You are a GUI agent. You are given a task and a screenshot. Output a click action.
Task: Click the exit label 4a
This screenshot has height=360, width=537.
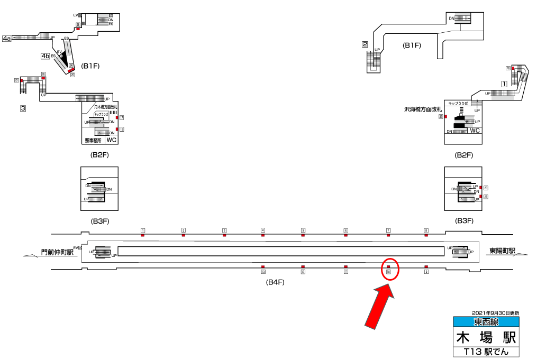click(7, 38)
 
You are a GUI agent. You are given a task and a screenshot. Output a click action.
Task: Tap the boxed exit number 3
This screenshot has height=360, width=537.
click(23, 108)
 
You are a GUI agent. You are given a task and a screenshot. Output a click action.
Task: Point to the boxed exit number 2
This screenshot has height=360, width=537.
click(365, 44)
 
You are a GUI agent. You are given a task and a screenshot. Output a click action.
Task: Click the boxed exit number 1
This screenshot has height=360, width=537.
click(504, 84)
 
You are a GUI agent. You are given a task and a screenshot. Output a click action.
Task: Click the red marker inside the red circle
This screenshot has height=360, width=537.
click(388, 267)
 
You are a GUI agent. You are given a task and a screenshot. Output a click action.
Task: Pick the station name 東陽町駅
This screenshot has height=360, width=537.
click(502, 251)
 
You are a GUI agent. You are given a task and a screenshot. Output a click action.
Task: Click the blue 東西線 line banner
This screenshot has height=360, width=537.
click(486, 321)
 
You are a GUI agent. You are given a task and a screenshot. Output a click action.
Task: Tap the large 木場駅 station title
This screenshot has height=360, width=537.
click(486, 337)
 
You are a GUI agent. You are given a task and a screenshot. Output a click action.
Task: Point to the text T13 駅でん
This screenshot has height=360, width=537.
click(486, 352)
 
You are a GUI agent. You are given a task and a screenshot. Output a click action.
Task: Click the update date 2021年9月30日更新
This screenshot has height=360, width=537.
click(495, 313)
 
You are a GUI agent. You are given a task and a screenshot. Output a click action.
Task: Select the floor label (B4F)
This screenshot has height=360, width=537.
click(275, 282)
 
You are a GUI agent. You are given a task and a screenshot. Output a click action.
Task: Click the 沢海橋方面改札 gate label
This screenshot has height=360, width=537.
click(423, 109)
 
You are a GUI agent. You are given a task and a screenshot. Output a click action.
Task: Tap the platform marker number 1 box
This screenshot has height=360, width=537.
click(143, 230)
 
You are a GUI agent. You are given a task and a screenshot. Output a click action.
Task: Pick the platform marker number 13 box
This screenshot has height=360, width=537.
click(262, 272)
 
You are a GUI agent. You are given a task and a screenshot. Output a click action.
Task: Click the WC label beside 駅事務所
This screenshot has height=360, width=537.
click(112, 140)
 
